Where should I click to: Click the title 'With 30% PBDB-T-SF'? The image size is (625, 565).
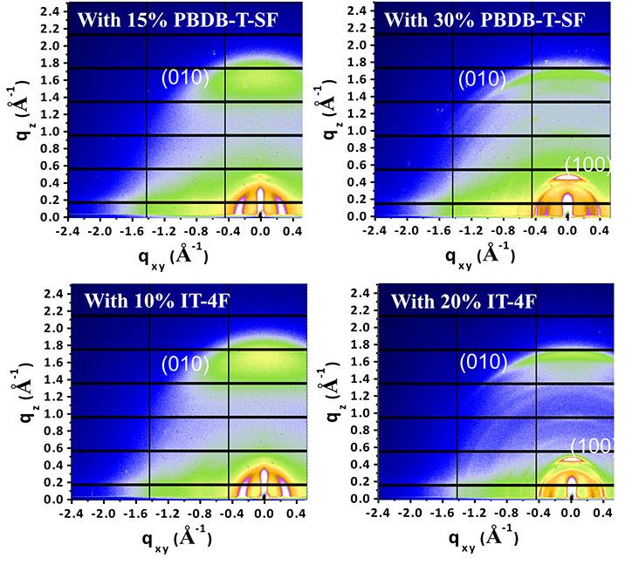point(477,19)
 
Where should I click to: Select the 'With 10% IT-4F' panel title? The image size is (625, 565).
point(148,303)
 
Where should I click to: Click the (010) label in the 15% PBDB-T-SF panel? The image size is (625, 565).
point(185,78)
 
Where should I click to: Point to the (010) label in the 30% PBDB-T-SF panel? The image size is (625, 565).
point(483,79)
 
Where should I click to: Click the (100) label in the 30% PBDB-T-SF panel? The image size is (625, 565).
point(587,164)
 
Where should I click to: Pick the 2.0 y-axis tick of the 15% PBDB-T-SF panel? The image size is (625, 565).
point(45,46)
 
